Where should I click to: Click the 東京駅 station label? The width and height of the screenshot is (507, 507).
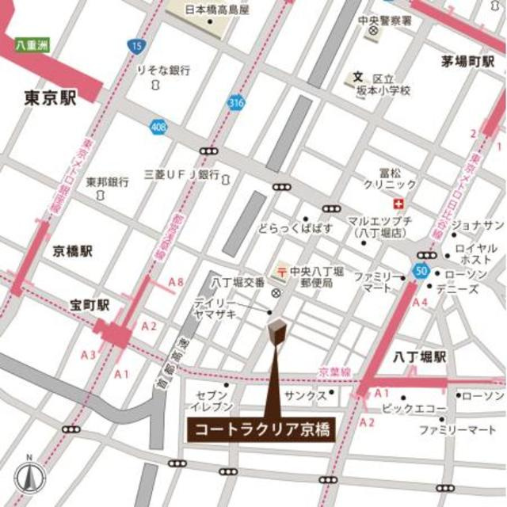pyautogui.click(x=50, y=97)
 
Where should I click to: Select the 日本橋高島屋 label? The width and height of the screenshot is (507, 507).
pyautogui.click(x=216, y=10)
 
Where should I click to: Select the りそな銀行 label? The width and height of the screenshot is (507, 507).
pyautogui.click(x=164, y=71)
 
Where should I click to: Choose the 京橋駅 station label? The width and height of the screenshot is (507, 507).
pyautogui.click(x=73, y=251)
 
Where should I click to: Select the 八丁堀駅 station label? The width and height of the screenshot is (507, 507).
pyautogui.click(x=420, y=357)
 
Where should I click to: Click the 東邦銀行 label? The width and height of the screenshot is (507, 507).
pyautogui.click(x=108, y=182)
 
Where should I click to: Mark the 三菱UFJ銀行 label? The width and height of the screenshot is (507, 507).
pyautogui.click(x=181, y=173)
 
